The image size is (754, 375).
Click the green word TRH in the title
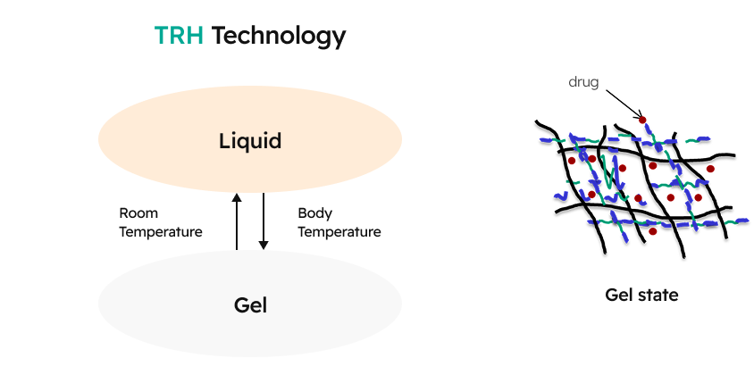pos(179,36)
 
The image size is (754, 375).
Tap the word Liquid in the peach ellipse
pos(250,141)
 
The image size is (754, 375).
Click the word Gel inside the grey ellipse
pos(250,305)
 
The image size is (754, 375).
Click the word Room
pos(138,213)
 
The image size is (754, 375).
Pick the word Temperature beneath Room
pos(161,232)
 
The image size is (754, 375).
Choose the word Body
pos(315,213)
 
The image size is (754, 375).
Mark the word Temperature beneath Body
pos(339,232)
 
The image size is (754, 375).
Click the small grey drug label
pos(583,82)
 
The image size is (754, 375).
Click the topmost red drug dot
pos(641,120)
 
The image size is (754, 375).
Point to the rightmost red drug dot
pos(710,168)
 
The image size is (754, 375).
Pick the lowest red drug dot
pos(653,232)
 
